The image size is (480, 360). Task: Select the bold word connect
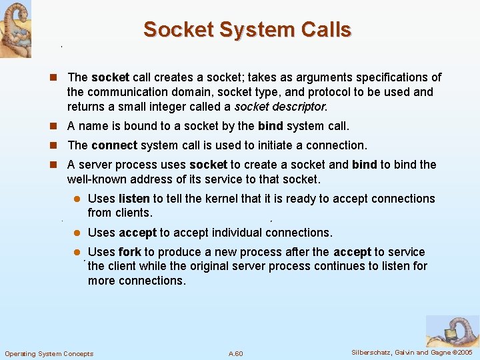pyautogui.click(x=114, y=145)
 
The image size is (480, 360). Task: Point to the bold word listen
pyautogui.click(x=134, y=199)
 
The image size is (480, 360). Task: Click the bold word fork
pyautogui.click(x=129, y=252)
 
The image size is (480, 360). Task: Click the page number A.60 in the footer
pyautogui.click(x=235, y=353)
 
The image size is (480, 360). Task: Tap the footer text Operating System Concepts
pyautogui.click(x=49, y=353)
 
